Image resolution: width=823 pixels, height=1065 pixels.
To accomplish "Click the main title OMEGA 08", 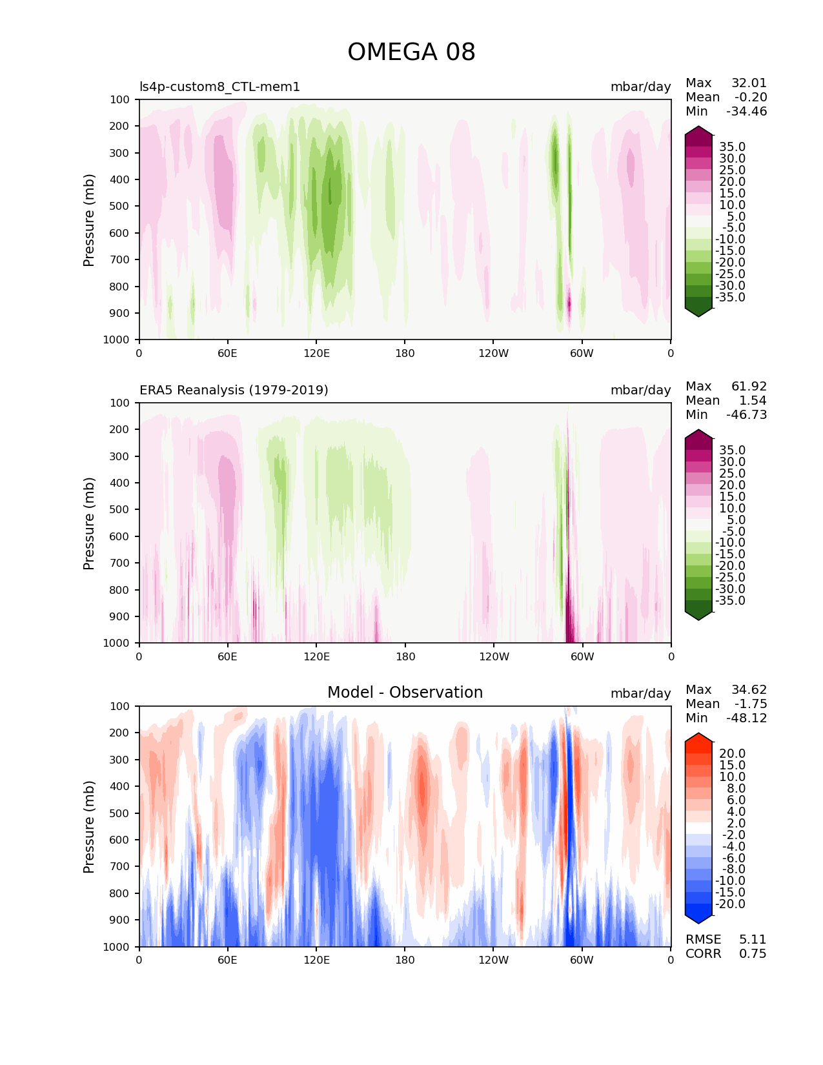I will tap(411, 52).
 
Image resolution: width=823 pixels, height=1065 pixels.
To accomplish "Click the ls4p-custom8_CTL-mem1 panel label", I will tap(219, 87).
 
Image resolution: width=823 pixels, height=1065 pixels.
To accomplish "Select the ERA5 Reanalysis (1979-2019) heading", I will tap(234, 391).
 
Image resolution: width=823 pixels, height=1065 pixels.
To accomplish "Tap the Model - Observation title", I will tap(405, 693).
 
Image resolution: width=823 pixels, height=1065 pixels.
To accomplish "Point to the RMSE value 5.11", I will tap(753, 940).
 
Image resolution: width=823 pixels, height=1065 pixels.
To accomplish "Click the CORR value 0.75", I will tap(753, 954).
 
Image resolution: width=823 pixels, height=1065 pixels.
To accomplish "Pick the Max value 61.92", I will tap(749, 387).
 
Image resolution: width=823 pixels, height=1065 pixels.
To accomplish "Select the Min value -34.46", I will tap(747, 112).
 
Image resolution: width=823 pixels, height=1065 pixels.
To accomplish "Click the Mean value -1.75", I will tap(750, 704).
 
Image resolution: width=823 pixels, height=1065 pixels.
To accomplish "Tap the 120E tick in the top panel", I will tap(316, 353).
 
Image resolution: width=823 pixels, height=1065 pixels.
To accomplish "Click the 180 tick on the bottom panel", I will tap(405, 960).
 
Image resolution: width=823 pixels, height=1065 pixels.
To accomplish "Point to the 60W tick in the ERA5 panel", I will tap(582, 657).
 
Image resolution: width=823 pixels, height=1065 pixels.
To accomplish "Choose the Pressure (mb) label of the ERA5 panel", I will tap(89, 523).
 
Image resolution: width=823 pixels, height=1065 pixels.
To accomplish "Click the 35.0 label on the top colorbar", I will tap(732, 147).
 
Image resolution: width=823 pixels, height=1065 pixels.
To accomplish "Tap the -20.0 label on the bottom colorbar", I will tap(730, 904).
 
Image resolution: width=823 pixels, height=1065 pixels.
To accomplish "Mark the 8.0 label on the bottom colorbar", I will tap(736, 789).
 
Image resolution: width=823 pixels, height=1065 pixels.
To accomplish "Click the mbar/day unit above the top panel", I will tap(640, 87).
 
